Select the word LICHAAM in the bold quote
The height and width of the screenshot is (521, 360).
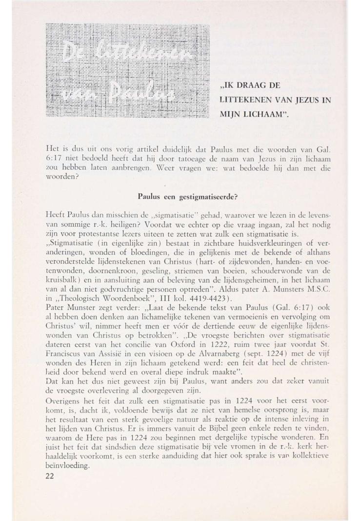262,117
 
